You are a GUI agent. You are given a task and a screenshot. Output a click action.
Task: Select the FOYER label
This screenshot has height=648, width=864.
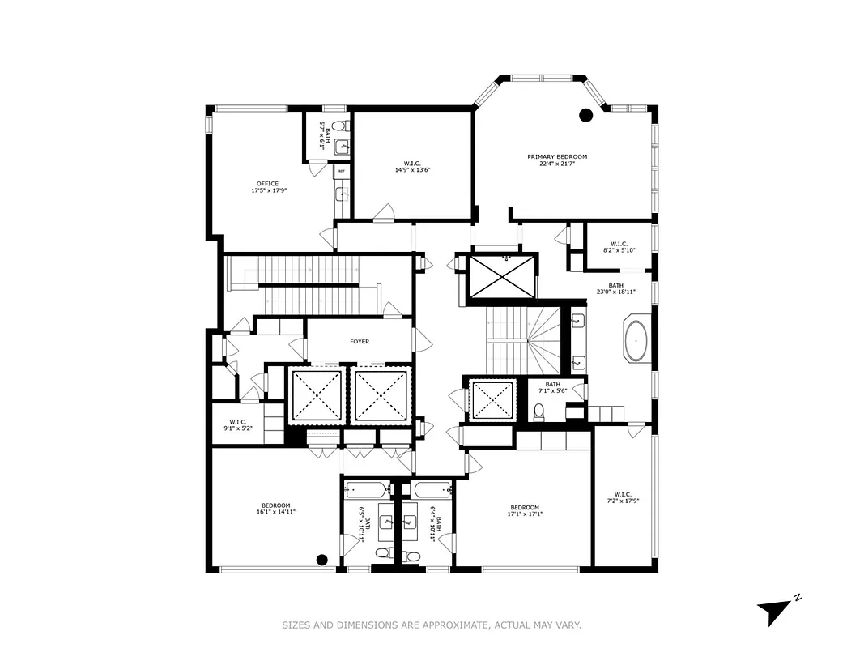pos(360,342)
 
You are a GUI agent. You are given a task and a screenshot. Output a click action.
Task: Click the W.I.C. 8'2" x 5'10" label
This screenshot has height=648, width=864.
pos(619,246)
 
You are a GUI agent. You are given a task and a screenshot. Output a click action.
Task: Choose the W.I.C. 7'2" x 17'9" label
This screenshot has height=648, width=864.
pos(623,497)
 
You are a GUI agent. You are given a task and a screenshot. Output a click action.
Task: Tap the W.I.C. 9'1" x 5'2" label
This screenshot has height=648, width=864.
pos(237,424)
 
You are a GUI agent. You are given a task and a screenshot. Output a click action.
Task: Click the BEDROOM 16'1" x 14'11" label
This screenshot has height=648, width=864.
pos(275,509)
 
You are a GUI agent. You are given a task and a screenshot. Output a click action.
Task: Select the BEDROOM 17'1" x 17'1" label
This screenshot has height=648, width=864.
pos(524,511)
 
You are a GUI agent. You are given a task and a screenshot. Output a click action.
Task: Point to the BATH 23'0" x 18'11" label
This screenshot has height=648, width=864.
pos(616,288)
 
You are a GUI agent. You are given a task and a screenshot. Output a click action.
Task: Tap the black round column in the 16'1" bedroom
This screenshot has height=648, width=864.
pos(321,559)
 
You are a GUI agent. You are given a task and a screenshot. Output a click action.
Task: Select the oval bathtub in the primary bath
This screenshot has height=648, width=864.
pos(636,342)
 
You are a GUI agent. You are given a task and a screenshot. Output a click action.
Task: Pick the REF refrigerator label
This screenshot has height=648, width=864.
pos(341,172)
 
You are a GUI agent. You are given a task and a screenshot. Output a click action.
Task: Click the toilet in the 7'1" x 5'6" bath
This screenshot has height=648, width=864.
pos(538,415)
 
